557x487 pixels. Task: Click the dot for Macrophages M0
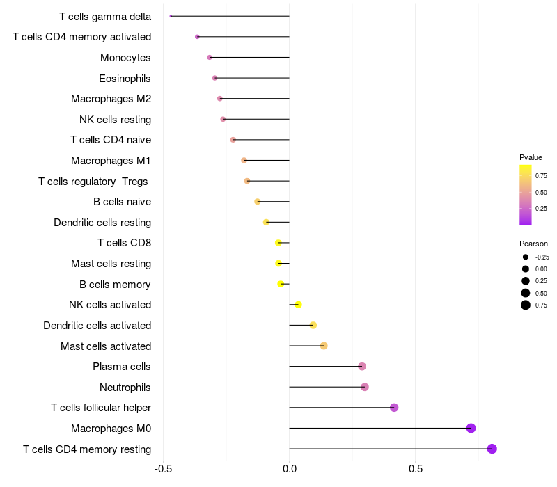pyautogui.click(x=471, y=428)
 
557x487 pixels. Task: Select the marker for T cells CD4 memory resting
pyautogui.click(x=492, y=449)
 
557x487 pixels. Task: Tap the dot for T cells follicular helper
pyautogui.click(x=394, y=408)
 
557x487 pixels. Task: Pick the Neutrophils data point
pyautogui.click(x=365, y=387)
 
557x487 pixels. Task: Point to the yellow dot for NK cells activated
pyautogui.click(x=298, y=305)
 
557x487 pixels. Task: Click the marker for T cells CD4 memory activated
pyautogui.click(x=197, y=37)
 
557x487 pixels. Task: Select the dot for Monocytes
pyautogui.click(x=210, y=57)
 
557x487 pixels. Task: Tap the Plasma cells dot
pyautogui.click(x=362, y=367)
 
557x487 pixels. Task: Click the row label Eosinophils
pyautogui.click(x=125, y=78)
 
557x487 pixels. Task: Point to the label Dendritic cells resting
pyautogui.click(x=102, y=223)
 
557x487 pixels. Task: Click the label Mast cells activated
pyautogui.click(x=106, y=346)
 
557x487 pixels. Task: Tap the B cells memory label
pyautogui.click(x=116, y=284)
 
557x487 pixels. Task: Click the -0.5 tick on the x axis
pyautogui.click(x=163, y=469)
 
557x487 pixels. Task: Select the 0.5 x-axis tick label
pyautogui.click(x=416, y=469)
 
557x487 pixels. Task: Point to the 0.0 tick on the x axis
pyautogui.click(x=289, y=469)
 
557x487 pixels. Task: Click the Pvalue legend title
pyautogui.click(x=531, y=157)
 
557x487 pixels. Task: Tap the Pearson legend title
pyautogui.click(x=533, y=243)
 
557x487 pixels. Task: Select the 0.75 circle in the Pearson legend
pyautogui.click(x=526, y=305)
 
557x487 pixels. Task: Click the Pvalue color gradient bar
pyautogui.click(x=526, y=195)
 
